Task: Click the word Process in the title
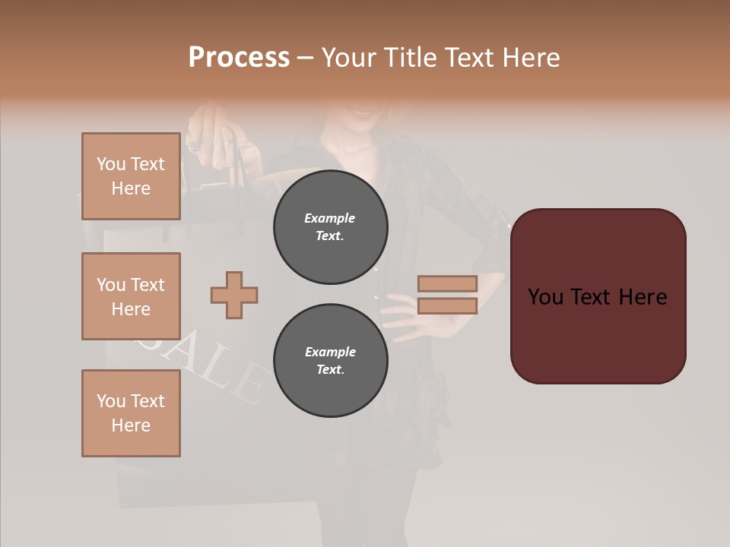tap(239, 57)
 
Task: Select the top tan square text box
tap(131, 176)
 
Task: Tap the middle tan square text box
tap(131, 296)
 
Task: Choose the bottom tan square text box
tap(131, 413)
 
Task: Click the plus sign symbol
tap(234, 295)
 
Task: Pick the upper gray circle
tap(330, 227)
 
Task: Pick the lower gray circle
tap(330, 360)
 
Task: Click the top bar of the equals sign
tap(447, 283)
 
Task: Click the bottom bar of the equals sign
tap(447, 305)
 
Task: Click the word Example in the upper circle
tap(330, 218)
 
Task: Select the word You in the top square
tap(110, 164)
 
